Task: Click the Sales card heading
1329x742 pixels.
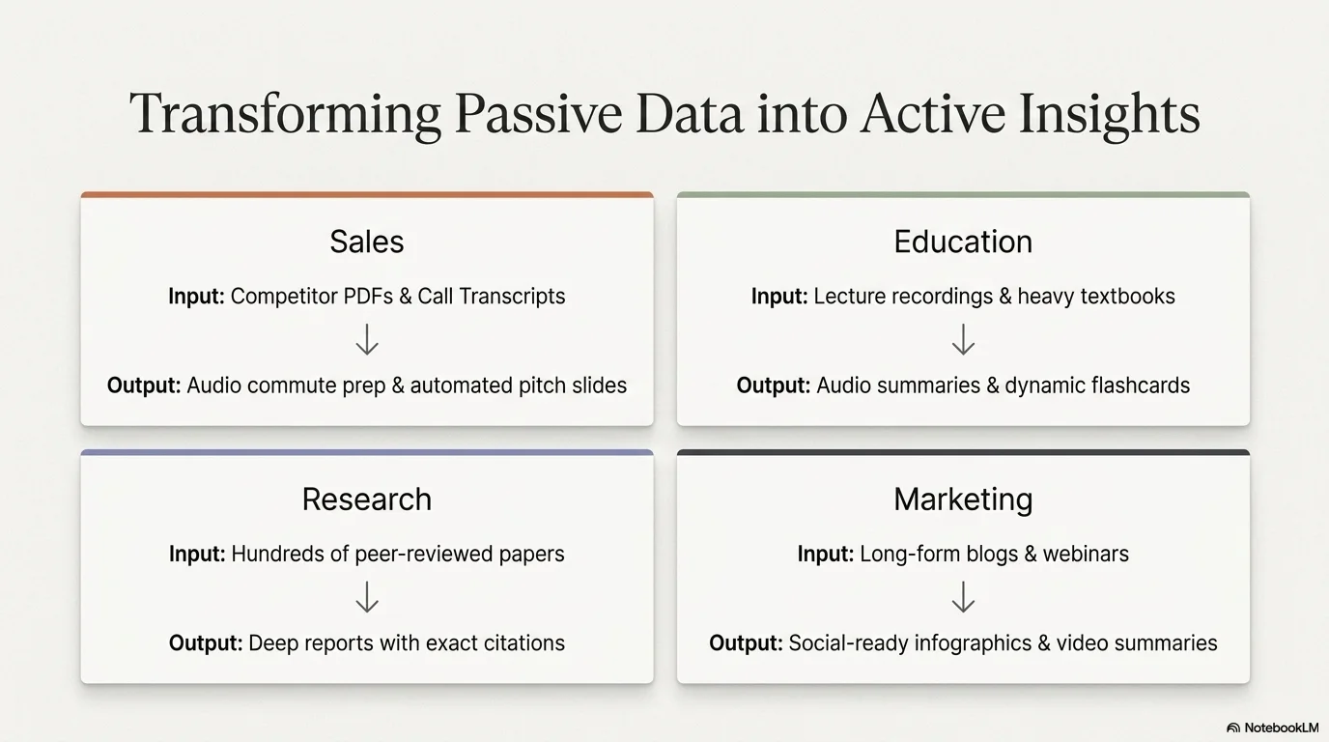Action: click(367, 242)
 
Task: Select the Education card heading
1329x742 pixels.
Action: click(963, 242)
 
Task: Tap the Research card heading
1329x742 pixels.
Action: click(367, 499)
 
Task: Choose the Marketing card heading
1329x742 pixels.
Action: click(963, 500)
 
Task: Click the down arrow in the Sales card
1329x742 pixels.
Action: click(367, 339)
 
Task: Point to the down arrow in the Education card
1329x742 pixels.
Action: click(964, 339)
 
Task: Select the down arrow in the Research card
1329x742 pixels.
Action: click(367, 597)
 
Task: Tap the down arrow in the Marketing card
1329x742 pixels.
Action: click(964, 597)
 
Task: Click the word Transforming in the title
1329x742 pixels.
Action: click(285, 115)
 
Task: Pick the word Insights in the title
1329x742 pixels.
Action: click(1110, 115)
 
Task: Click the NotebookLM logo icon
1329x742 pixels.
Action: click(1233, 728)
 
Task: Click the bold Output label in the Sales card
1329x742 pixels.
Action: click(144, 385)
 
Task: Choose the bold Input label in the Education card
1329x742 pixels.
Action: click(779, 297)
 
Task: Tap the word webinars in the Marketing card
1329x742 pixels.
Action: click(1086, 554)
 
